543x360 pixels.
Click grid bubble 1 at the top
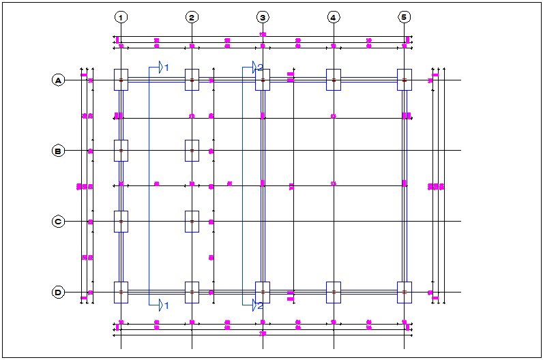121,17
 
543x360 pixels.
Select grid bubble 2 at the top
192,17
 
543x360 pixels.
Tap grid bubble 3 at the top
263,17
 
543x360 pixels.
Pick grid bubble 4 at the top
334,17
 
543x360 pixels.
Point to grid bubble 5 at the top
405,17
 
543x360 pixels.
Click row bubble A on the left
58,80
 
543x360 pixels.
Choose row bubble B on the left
58,151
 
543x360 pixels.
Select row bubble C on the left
58,222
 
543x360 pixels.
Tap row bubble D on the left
58,292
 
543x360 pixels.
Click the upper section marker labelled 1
162,67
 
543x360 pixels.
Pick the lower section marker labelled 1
162,305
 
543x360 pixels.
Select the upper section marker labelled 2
256,67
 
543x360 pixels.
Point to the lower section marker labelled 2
256,305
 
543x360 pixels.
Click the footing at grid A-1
121,80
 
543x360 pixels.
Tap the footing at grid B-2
192,151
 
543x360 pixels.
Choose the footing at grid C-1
121,222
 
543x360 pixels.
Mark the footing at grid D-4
334,292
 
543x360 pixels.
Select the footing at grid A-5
405,80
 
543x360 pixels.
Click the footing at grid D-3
263,292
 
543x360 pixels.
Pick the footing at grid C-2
192,222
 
